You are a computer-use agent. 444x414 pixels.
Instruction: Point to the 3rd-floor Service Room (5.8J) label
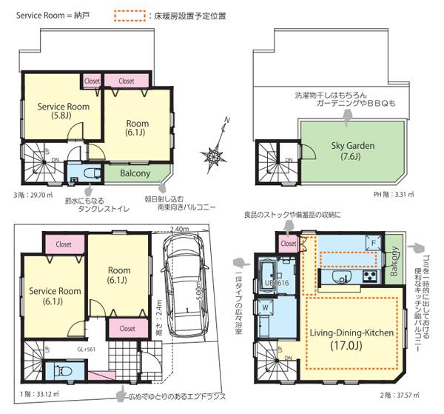pos(64,111)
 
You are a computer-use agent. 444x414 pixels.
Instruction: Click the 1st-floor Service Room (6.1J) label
pos(55,296)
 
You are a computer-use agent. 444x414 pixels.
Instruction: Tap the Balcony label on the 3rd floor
pos(133,173)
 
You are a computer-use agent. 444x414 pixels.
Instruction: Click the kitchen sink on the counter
pos(343,278)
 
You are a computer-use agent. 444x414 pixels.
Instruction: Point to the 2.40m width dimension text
pos(180,230)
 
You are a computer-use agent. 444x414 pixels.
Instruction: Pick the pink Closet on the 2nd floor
pos(289,243)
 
